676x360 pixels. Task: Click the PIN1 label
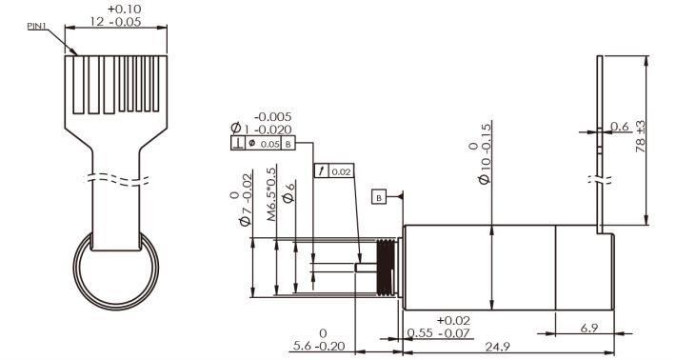coord(36,27)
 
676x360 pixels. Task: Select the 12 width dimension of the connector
coord(116,15)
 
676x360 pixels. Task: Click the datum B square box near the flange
coord(379,198)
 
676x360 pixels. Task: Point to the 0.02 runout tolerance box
coord(334,171)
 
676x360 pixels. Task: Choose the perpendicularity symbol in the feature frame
coord(238,144)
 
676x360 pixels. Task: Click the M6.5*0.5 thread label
coord(270,194)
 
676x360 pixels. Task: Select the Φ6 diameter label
coord(288,192)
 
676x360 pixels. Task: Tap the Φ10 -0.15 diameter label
coord(480,154)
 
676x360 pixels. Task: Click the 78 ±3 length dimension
coord(641,136)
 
